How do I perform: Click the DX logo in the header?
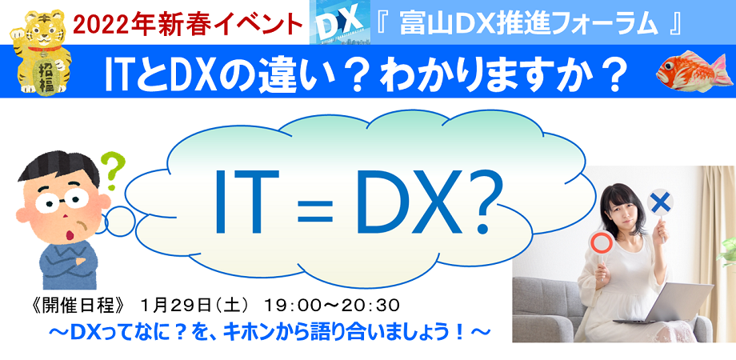336,22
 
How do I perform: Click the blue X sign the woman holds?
661,203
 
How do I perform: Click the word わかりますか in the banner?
496,75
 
